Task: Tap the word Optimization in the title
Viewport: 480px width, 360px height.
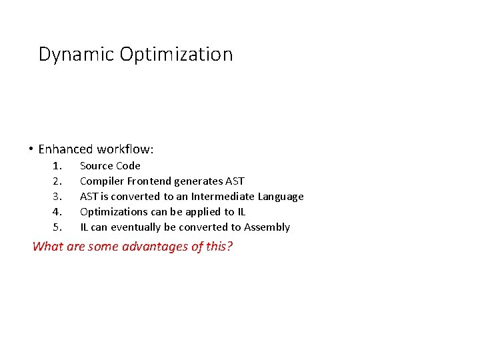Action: [x=177, y=55]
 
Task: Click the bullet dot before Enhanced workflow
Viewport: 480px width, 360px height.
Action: [x=31, y=149]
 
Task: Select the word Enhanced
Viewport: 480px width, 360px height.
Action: [x=66, y=149]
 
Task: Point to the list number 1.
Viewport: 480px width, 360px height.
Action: [x=57, y=166]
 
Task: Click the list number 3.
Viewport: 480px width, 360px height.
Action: [x=57, y=197]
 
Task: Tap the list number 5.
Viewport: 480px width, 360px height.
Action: [x=57, y=227]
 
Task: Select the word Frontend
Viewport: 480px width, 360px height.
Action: [x=149, y=181]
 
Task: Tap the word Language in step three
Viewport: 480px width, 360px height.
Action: [x=280, y=197]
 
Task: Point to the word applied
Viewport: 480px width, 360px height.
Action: [x=203, y=212]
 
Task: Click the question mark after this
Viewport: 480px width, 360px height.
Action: [x=230, y=247]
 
